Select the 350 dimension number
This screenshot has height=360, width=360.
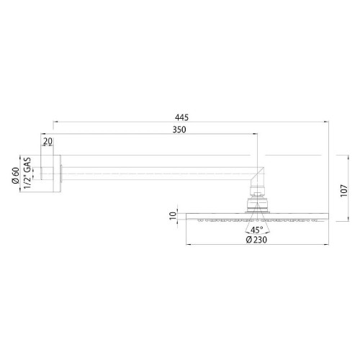(180, 130)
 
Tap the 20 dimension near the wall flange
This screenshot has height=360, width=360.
(47, 142)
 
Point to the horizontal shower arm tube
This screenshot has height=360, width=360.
(158, 171)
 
